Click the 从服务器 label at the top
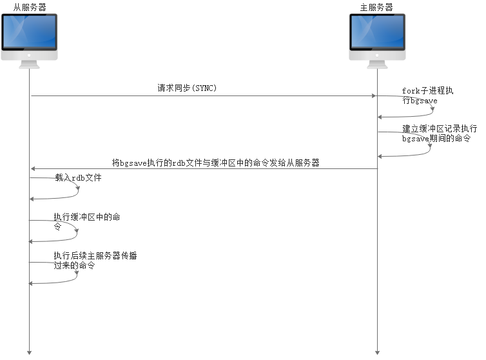point(30,6)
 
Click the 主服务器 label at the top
point(376,6)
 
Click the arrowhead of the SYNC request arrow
point(373,96)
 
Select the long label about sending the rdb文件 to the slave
point(216,163)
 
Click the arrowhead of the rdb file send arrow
point(34,169)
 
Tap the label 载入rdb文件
point(78,177)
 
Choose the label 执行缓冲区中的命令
point(86,221)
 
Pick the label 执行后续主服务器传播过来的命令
point(95,260)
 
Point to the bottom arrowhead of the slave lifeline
point(30,352)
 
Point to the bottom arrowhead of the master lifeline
point(377,352)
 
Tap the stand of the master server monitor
point(377,64)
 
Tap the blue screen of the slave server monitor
point(30,32)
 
